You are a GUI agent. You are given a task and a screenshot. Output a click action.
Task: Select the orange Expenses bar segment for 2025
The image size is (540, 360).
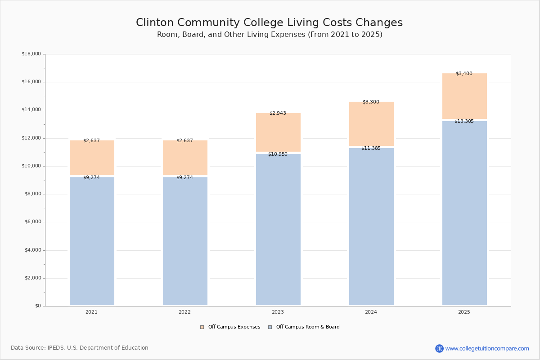(x=464, y=97)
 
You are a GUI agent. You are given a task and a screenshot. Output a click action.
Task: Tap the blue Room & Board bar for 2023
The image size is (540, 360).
(x=278, y=229)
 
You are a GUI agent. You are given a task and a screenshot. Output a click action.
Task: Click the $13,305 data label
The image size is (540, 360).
(x=464, y=121)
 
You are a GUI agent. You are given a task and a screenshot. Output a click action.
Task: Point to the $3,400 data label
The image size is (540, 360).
(x=464, y=73)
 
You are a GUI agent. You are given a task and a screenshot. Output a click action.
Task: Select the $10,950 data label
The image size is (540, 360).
(x=278, y=154)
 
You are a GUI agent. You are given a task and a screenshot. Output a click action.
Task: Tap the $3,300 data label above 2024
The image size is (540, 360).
(x=371, y=102)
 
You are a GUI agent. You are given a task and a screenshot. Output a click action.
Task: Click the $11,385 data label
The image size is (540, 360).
(x=371, y=148)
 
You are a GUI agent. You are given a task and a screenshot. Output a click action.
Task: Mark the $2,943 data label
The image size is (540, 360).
(x=278, y=113)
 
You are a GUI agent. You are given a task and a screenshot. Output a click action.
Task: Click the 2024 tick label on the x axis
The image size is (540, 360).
(x=371, y=312)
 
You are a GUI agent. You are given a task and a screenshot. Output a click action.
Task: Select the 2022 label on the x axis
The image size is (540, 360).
(x=184, y=312)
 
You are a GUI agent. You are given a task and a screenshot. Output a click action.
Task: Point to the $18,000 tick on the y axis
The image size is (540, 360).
(x=31, y=54)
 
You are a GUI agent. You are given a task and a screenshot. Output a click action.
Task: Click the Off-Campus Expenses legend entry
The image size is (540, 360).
(x=230, y=327)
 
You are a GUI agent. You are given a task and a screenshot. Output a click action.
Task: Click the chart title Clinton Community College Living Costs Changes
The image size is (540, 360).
(x=269, y=23)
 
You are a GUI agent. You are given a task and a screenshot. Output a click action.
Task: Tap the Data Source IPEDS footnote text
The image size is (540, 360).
(x=80, y=348)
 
